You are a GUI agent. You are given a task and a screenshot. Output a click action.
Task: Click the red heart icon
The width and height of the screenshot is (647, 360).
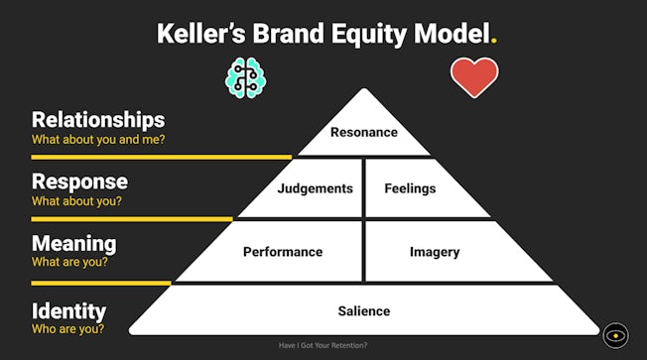(474, 77)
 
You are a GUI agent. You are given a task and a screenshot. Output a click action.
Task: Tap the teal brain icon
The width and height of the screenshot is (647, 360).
(247, 77)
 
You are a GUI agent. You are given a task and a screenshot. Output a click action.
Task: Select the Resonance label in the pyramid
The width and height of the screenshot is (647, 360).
(363, 132)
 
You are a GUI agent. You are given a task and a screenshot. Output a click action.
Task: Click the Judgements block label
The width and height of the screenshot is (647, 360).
(315, 188)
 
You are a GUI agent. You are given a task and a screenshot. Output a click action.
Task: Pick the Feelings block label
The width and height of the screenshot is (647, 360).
(411, 188)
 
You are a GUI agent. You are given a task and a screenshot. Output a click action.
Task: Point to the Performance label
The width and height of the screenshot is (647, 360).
(283, 252)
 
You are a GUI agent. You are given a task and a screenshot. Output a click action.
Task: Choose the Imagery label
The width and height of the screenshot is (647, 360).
(435, 252)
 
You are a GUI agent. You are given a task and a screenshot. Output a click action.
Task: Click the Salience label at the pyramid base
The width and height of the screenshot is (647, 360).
(363, 310)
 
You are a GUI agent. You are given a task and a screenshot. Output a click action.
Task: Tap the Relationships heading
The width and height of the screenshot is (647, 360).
(97, 120)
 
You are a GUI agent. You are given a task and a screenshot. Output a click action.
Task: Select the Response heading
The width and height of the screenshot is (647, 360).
(79, 181)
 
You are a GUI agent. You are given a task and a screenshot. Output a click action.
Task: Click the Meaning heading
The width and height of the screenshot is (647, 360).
(73, 243)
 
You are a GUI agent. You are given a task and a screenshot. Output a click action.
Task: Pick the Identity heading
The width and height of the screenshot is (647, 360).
(68, 310)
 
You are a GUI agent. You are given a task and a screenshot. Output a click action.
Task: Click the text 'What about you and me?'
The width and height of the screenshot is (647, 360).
(97, 140)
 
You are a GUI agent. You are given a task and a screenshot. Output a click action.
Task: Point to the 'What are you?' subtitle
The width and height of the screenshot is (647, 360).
(69, 263)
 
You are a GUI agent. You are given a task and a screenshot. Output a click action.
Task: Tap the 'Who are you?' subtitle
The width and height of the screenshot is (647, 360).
(67, 329)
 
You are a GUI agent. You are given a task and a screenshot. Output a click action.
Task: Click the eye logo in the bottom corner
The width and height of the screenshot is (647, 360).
(615, 335)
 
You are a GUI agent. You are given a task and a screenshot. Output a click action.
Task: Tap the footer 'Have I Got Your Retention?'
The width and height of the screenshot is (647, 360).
(323, 346)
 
